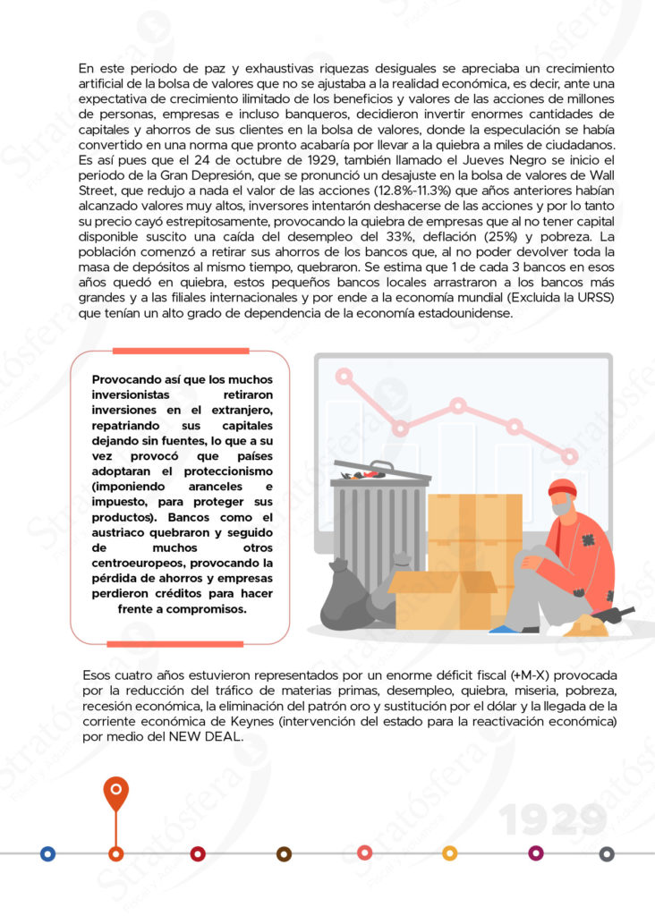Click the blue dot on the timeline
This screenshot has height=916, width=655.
coord(47,854)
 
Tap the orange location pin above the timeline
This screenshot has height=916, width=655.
coord(115,792)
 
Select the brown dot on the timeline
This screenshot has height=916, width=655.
coord(284,854)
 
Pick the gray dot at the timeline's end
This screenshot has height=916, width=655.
coord(607,854)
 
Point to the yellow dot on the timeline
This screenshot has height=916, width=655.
coord(449,854)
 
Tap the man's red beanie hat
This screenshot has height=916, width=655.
coord(561,488)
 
